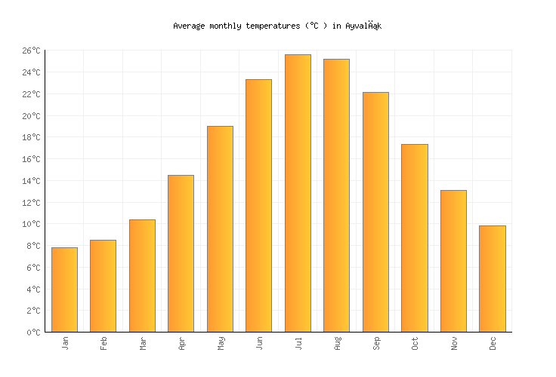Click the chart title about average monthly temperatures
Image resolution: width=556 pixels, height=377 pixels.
[x=277, y=26]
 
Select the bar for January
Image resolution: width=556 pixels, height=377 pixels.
[x=64, y=290]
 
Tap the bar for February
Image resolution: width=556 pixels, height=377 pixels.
[x=103, y=286]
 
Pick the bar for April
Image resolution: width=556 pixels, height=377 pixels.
[x=181, y=253]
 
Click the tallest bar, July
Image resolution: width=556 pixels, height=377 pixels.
[x=298, y=193]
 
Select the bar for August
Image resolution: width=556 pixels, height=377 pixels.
[x=336, y=195]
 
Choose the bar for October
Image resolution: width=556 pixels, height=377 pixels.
[x=414, y=238]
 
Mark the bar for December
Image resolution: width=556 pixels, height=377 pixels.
[x=492, y=278]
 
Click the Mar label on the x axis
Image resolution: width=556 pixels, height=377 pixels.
[x=143, y=343]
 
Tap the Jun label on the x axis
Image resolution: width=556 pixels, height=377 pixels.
[x=259, y=343]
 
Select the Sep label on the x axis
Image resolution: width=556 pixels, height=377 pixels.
[x=376, y=343]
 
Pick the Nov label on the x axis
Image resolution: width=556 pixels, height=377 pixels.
[x=454, y=343]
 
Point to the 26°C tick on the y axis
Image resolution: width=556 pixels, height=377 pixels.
[x=31, y=51]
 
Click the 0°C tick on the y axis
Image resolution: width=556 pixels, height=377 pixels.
[x=33, y=333]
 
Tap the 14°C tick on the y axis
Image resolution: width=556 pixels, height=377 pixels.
[x=31, y=181]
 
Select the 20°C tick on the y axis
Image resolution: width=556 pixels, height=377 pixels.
[x=31, y=116]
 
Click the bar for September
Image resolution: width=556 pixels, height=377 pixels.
[x=375, y=212]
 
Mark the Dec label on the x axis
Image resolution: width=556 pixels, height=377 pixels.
[x=493, y=343]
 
